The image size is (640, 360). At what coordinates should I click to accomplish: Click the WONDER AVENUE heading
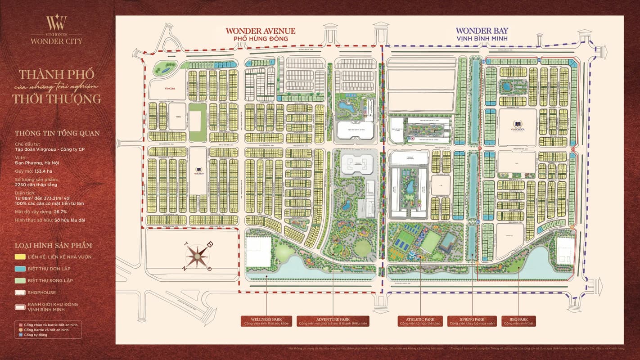[261, 31]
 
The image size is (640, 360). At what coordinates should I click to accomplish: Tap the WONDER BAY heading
[482, 31]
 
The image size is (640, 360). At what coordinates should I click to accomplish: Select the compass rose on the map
[197, 256]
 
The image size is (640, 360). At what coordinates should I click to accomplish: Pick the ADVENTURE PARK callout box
[333, 321]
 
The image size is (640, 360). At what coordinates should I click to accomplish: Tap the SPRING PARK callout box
[472, 321]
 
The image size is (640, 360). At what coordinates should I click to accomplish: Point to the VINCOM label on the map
[169, 89]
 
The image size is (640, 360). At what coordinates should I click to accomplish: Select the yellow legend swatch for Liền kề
[20, 257]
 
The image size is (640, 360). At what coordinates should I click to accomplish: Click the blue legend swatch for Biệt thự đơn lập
[20, 269]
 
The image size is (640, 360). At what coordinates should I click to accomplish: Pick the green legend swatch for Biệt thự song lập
[20, 280]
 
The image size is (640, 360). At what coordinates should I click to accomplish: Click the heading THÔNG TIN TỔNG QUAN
[57, 133]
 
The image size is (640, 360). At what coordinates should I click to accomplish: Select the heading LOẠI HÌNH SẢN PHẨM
[53, 245]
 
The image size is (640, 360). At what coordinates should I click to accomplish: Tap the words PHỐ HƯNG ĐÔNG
[261, 39]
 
